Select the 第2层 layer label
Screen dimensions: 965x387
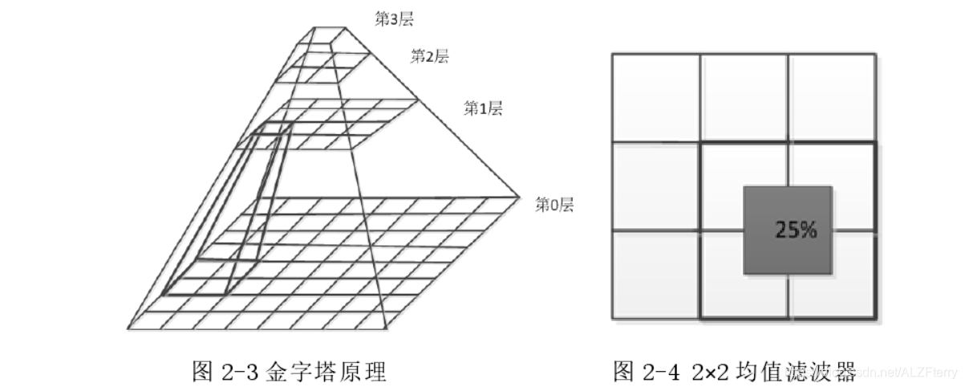430,56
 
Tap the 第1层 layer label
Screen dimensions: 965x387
483,108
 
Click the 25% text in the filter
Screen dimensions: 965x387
796,230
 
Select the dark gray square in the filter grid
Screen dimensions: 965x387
788,231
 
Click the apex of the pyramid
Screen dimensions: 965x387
330,27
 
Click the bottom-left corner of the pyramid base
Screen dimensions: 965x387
128,328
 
